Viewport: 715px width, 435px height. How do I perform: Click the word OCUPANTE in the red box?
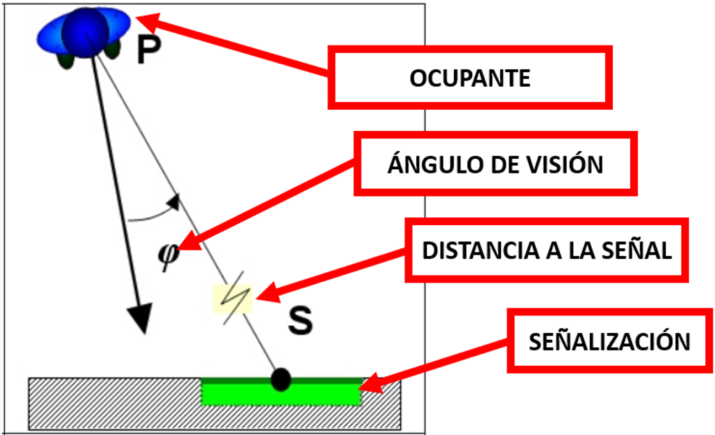(x=469, y=78)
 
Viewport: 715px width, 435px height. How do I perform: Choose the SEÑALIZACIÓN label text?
(x=609, y=342)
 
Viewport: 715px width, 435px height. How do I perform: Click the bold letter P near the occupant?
(x=149, y=50)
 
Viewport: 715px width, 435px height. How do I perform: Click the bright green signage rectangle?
(x=280, y=394)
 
